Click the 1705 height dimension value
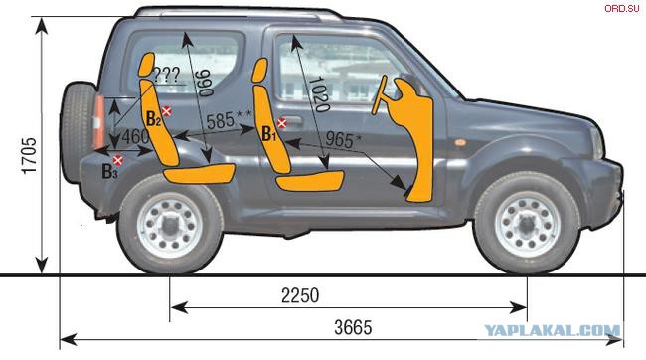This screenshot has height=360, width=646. (x=29, y=156)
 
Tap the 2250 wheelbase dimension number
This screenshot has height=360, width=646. (x=300, y=295)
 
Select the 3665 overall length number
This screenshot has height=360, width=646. (x=353, y=328)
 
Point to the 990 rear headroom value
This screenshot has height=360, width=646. (x=205, y=83)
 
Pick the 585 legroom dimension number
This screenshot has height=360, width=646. (x=221, y=121)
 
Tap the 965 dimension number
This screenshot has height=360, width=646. (x=339, y=140)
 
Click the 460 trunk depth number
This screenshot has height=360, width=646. (x=135, y=137)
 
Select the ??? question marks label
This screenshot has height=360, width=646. (x=166, y=75)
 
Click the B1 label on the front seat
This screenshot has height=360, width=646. (x=268, y=134)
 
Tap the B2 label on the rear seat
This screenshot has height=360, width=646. (x=153, y=119)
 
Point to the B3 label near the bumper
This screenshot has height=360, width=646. (x=109, y=171)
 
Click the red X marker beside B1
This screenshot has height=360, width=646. (x=282, y=123)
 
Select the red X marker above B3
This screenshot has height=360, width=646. (x=118, y=160)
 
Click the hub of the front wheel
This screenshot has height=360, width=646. (x=527, y=224)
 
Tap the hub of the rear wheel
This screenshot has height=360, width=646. (x=170, y=224)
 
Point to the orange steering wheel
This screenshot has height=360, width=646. (x=379, y=95)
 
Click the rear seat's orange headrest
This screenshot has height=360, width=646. (x=147, y=65)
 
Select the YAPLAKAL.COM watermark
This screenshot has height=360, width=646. (x=552, y=330)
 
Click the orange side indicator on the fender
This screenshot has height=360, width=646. (x=460, y=142)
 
